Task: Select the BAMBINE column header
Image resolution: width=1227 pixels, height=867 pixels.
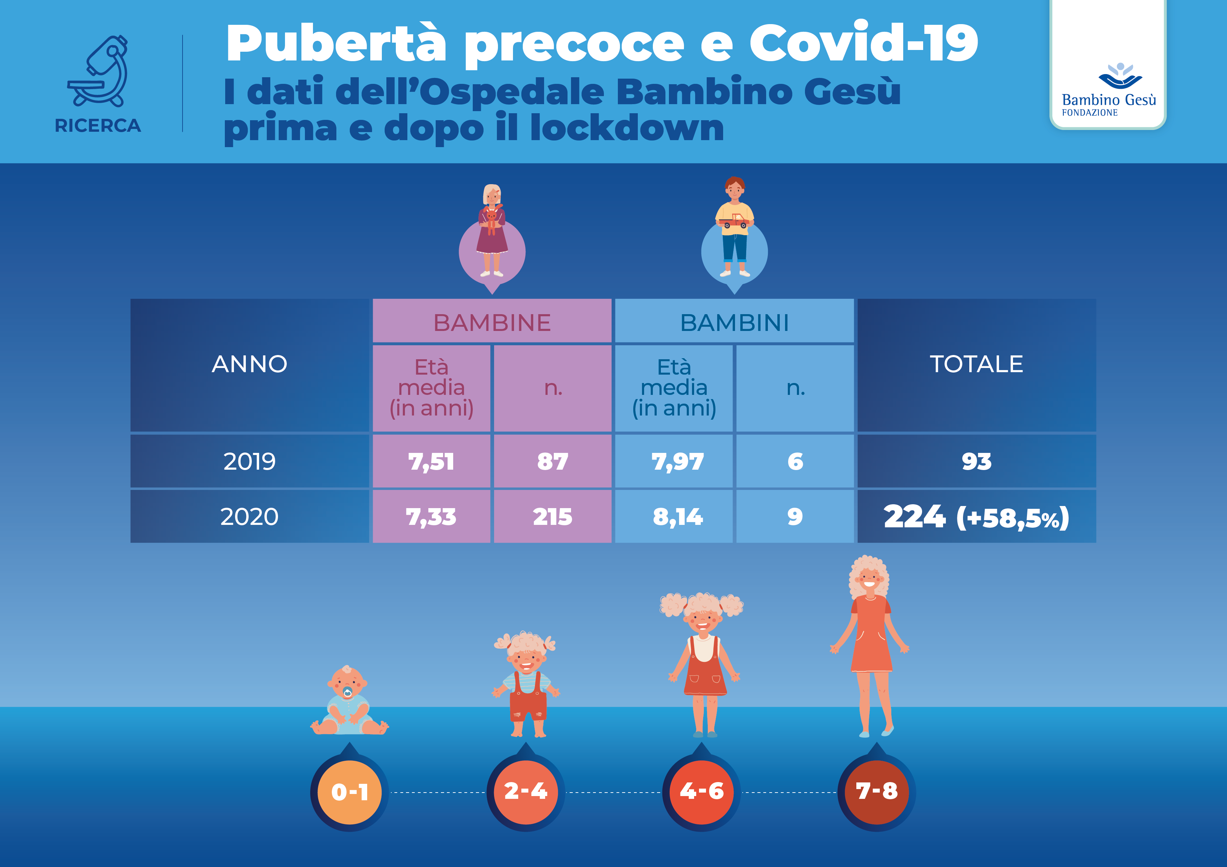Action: point(492,322)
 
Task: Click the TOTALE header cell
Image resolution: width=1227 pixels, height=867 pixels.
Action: point(976,364)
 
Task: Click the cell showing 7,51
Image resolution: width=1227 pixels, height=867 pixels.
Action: point(431,461)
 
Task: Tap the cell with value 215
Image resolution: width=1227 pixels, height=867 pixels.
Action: point(552,516)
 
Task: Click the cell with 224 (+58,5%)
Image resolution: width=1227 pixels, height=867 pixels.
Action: point(976,516)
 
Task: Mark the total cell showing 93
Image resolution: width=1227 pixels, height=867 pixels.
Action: point(976,461)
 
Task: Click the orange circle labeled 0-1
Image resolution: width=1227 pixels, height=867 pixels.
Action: point(350,791)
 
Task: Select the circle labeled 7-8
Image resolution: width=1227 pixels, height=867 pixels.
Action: point(876,791)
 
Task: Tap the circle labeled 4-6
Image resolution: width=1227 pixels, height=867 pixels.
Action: point(701,791)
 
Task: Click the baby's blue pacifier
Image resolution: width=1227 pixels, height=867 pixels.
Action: point(347,693)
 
